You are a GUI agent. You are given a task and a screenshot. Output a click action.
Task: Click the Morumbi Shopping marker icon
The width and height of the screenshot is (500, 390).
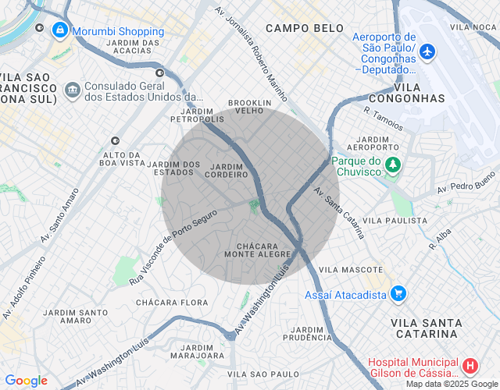tap(59, 30)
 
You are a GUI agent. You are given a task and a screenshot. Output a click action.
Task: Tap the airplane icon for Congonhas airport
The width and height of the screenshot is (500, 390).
tap(427, 51)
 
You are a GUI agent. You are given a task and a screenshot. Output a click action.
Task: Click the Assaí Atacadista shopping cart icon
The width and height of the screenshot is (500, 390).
tap(398, 294)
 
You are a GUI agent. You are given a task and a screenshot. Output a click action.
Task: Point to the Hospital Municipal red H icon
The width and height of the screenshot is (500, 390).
tap(470, 366)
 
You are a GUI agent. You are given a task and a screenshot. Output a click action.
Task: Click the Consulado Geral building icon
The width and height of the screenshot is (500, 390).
tap(73, 90)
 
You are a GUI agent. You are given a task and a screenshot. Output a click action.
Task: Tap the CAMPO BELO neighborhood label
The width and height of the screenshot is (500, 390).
tap(305, 28)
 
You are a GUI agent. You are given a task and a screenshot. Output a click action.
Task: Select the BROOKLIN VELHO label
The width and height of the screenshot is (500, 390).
tap(249, 107)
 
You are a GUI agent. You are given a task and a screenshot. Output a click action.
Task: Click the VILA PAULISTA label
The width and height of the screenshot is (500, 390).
tap(395, 221)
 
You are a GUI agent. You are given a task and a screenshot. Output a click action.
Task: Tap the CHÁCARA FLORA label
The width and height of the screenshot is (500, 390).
tap(172, 302)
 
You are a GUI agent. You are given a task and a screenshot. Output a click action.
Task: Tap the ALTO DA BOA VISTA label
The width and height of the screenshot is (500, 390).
tap(123, 158)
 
